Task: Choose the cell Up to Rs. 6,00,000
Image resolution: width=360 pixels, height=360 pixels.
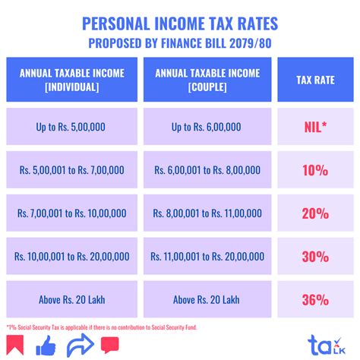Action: coord(207,125)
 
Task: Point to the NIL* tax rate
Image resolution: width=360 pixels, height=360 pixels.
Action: coord(315,125)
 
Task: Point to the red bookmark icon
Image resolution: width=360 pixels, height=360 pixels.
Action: coord(17,346)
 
